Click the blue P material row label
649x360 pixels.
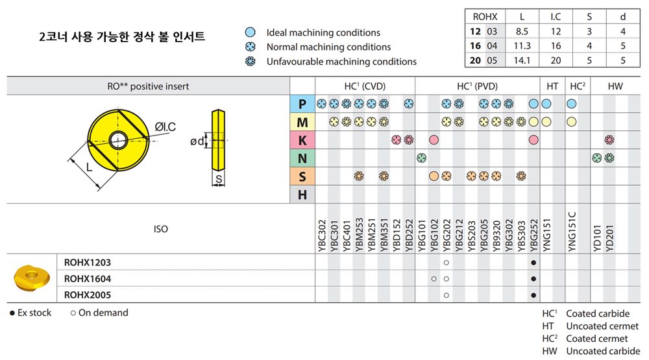click(x=302, y=104)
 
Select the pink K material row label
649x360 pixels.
click(x=302, y=140)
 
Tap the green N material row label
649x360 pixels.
click(x=302, y=158)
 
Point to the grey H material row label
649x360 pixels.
click(x=302, y=195)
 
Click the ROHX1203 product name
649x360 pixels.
click(x=88, y=262)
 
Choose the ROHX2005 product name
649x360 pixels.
click(x=88, y=295)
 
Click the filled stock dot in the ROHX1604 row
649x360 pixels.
click(x=533, y=279)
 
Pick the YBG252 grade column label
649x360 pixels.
click(x=534, y=235)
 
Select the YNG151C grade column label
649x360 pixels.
click(x=572, y=232)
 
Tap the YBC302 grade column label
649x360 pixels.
click(x=322, y=235)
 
